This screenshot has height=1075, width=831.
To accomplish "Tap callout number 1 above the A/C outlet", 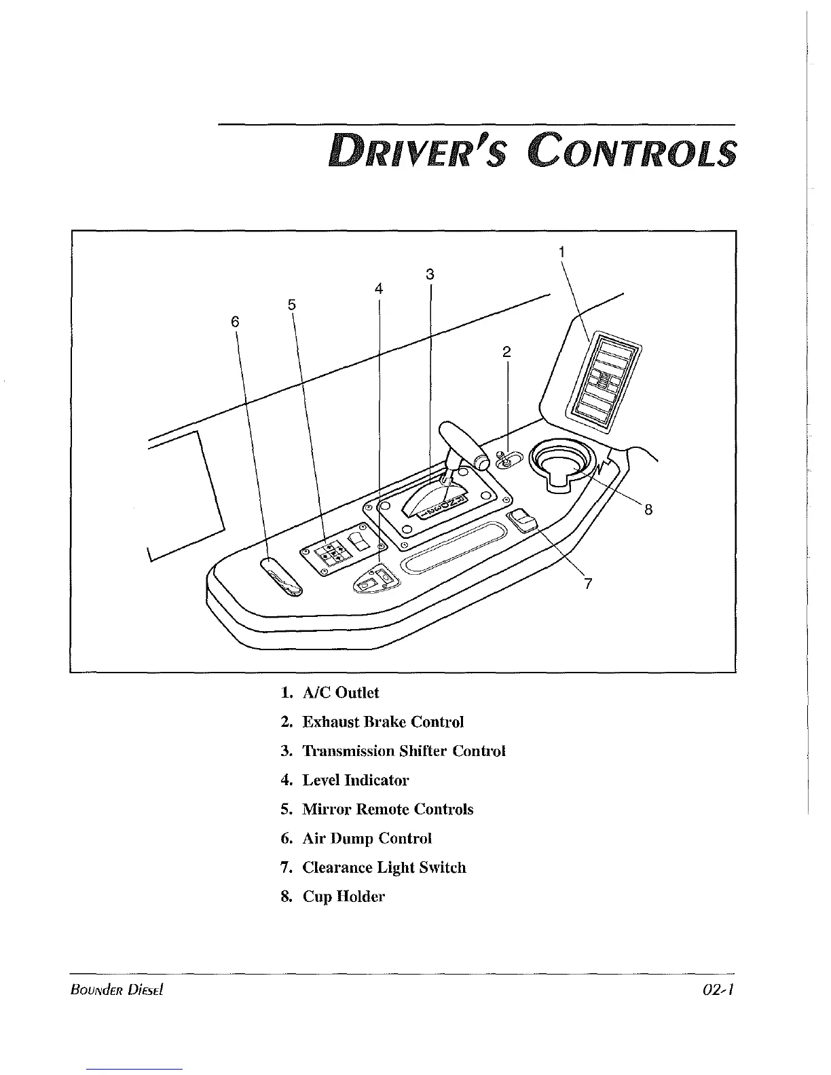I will tap(562, 252).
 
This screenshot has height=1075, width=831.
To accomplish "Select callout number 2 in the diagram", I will tap(506, 352).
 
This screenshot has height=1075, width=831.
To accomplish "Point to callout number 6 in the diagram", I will tap(235, 321).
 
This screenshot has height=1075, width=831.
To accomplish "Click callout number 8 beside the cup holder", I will tap(648, 509).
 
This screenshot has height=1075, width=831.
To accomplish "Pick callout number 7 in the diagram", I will tap(588, 583).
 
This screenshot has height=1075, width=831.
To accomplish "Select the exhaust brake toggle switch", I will tap(505, 461).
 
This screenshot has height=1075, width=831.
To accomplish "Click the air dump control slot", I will tap(280, 578).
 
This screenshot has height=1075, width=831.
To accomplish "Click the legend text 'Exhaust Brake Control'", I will tap(383, 722).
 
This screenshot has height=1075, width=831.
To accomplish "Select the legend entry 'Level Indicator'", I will tap(356, 780).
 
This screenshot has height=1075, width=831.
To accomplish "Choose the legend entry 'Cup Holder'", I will tap(344, 897).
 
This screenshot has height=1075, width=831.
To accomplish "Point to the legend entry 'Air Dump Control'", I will tap(367, 838).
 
